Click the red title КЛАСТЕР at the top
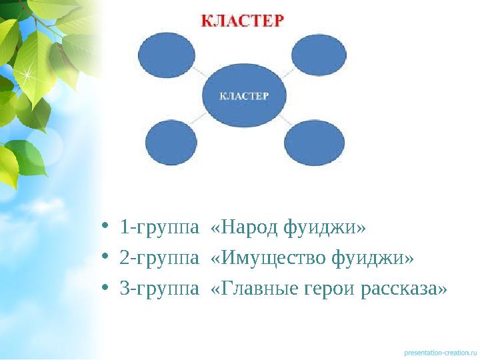tap(242, 19)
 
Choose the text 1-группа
tap(159, 229)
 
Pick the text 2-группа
tap(159, 258)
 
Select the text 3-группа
tap(159, 289)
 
